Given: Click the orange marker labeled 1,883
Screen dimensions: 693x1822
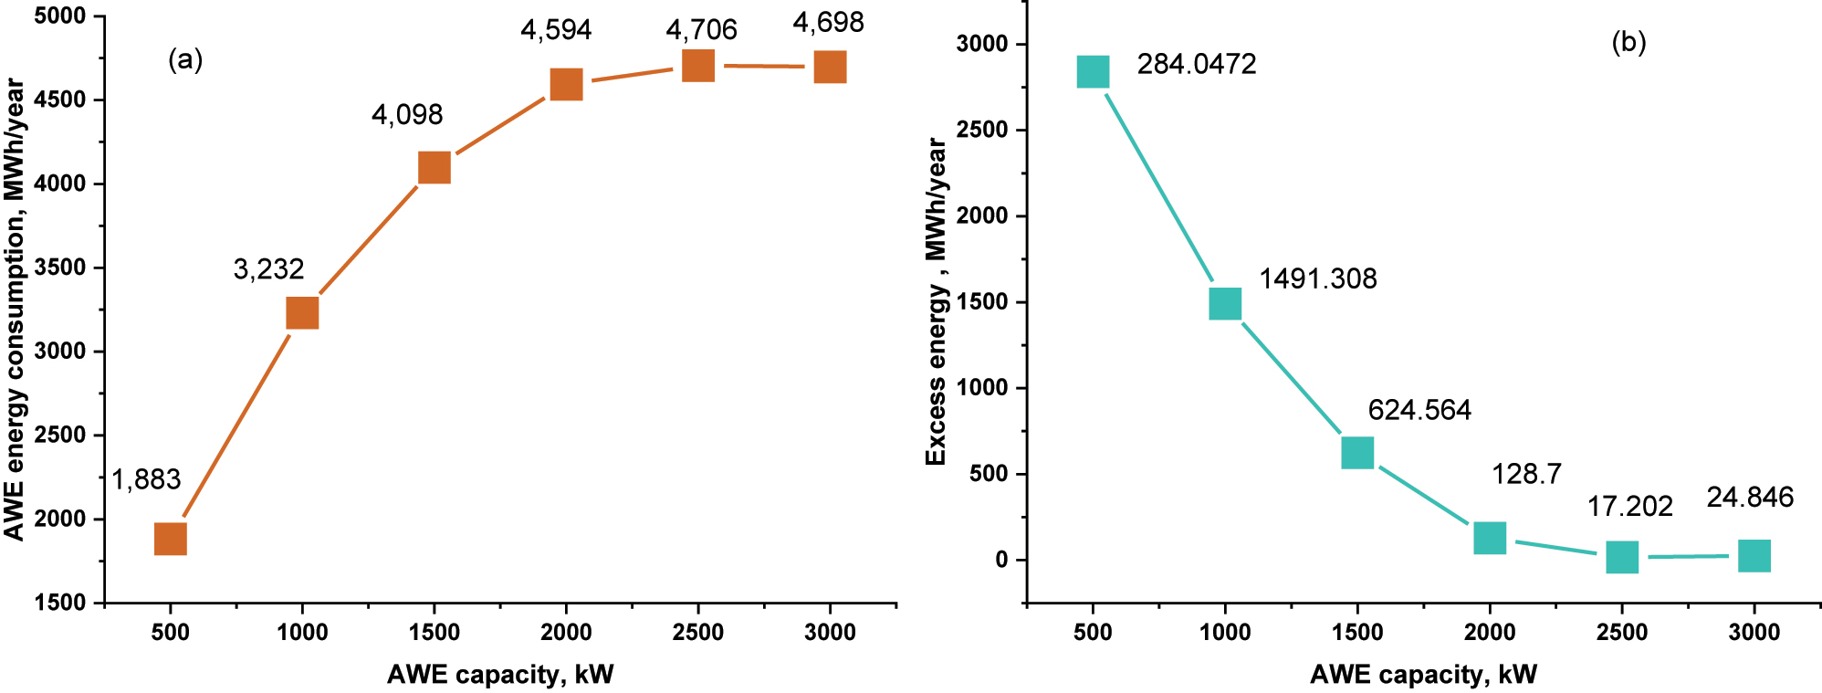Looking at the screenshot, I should pyautogui.click(x=171, y=539).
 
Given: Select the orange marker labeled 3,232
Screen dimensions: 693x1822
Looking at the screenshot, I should pyautogui.click(x=302, y=313).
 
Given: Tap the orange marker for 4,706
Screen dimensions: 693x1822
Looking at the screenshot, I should pyautogui.click(x=698, y=66).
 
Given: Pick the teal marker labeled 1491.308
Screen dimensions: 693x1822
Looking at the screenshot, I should pyautogui.click(x=1225, y=303).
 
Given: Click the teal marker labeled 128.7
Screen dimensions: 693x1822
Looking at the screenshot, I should pyautogui.click(x=1490, y=539).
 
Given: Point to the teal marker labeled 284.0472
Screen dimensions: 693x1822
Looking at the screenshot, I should pyautogui.click(x=1093, y=71).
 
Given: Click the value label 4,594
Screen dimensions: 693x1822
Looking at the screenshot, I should pyautogui.click(x=556, y=30).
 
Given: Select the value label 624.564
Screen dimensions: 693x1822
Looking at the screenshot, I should pyautogui.click(x=1419, y=410).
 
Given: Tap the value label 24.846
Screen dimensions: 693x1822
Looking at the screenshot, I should pyautogui.click(x=1750, y=498).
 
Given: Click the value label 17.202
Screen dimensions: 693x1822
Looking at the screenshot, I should pyautogui.click(x=1629, y=507).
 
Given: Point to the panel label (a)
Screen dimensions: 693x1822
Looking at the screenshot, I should pyautogui.click(x=185, y=60).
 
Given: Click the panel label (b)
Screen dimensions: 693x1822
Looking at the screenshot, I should pyautogui.click(x=1628, y=42).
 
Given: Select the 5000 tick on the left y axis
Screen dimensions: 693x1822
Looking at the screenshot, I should pyautogui.click(x=60, y=16).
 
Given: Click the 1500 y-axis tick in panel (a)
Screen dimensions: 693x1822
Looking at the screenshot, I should pyautogui.click(x=60, y=603).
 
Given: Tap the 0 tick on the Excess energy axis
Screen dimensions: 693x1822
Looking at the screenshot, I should pyautogui.click(x=1001, y=560).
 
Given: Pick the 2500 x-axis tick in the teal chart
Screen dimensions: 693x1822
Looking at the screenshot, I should pyautogui.click(x=1622, y=632).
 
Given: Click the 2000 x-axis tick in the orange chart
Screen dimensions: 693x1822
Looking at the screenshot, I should pyautogui.click(x=566, y=632).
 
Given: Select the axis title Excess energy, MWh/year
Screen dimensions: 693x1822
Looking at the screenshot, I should pyautogui.click(x=937, y=301).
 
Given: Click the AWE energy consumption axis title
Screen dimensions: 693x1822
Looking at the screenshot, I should pyautogui.click(x=15, y=309).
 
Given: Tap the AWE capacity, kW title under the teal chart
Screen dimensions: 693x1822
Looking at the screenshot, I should pyautogui.click(x=1423, y=675).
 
